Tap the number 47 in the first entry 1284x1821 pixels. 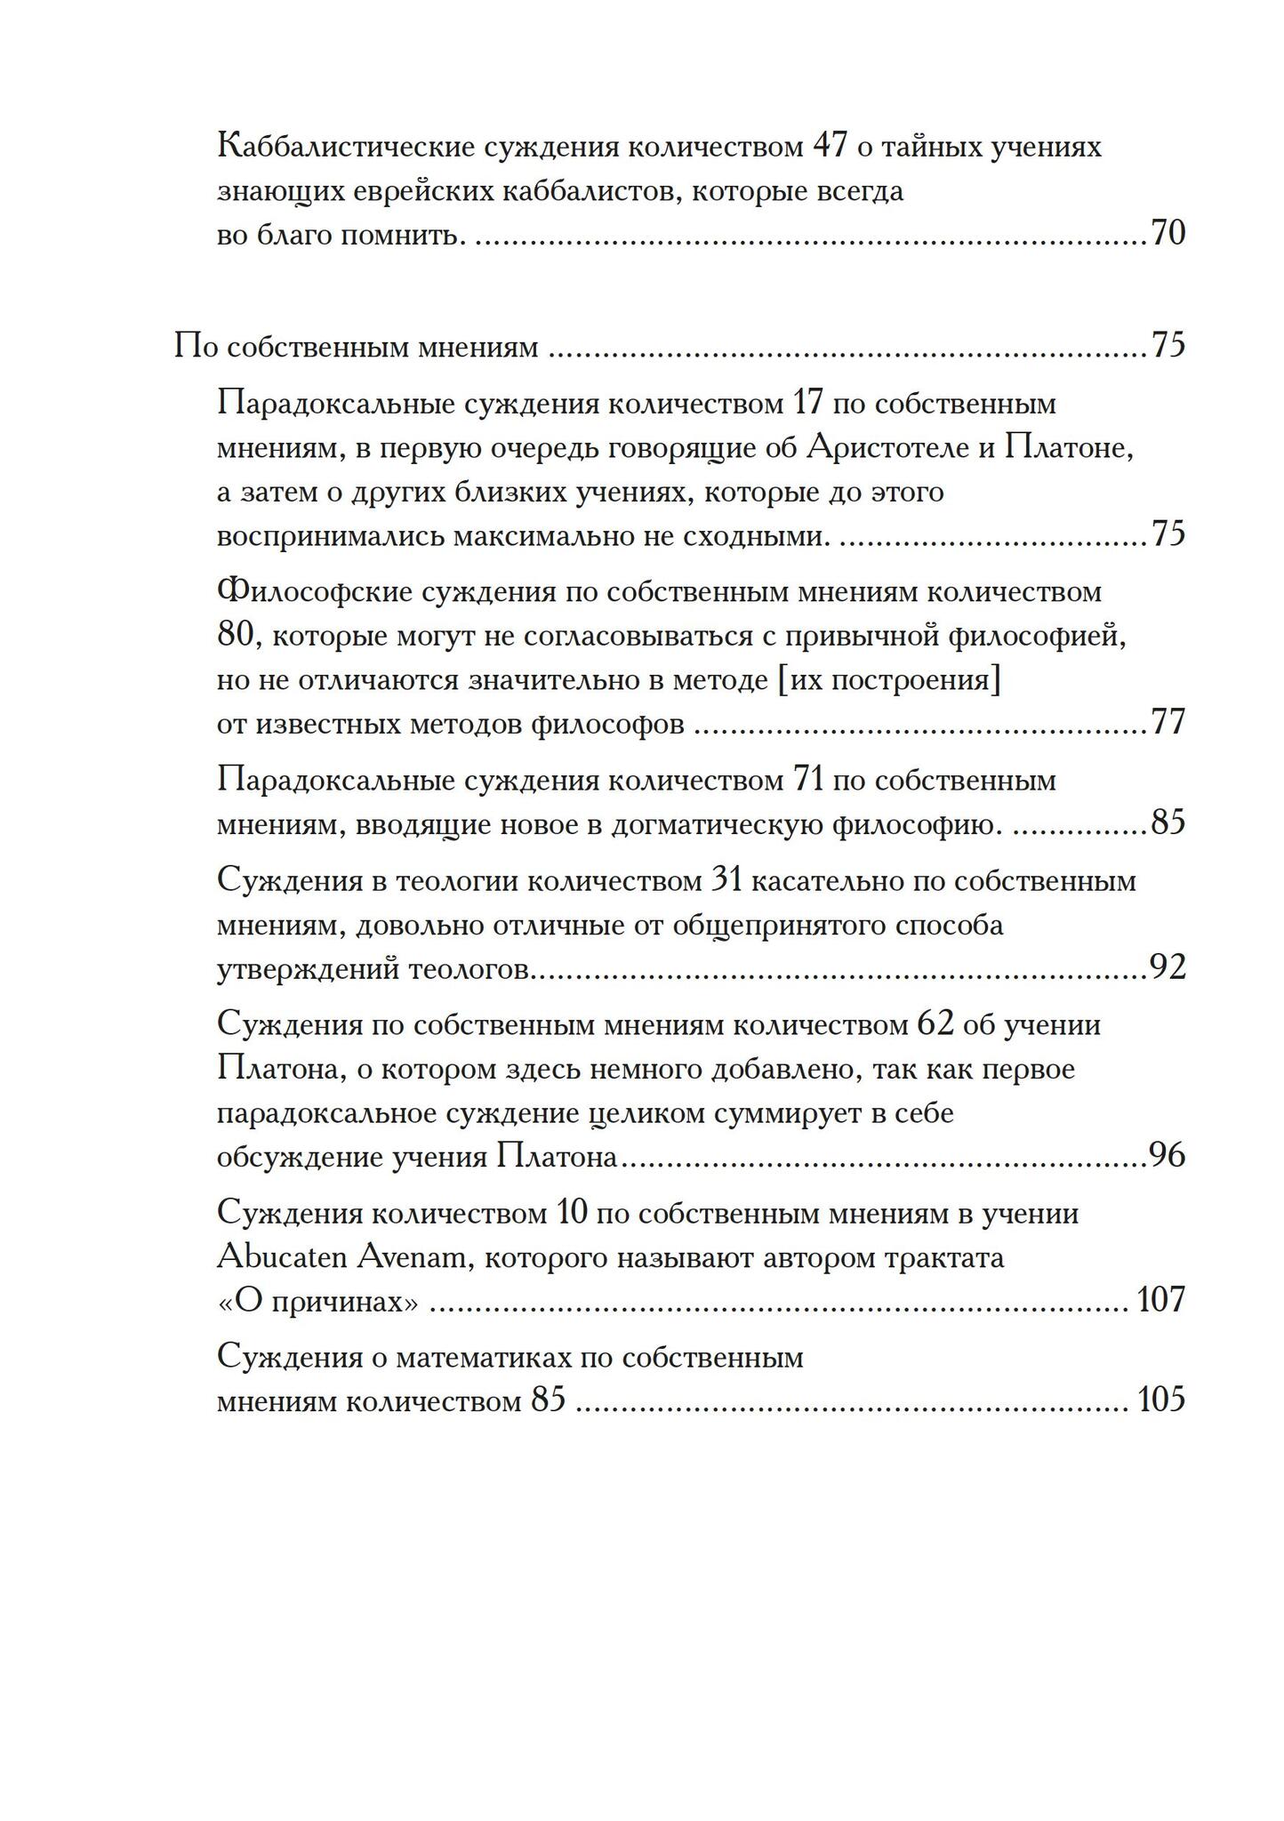tap(831, 146)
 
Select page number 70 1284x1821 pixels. tap(1168, 234)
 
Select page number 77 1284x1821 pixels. tap(1168, 723)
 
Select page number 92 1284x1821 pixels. tap(1168, 967)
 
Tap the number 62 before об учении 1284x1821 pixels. tap(934, 1025)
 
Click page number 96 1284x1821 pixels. tap(1168, 1156)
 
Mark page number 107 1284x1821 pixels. tap(1160, 1301)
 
